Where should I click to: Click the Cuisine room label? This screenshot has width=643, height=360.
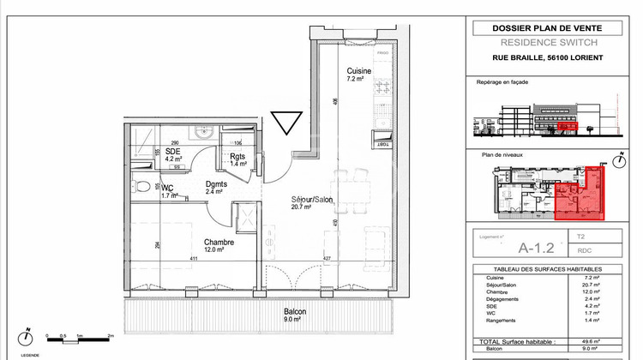pos(358,70)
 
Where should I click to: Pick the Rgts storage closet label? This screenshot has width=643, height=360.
pos(238,156)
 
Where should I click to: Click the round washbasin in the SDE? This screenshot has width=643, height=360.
pos(202,132)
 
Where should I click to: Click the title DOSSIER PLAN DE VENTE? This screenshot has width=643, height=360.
pos(548,28)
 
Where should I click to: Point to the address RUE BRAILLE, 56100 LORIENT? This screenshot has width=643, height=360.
pos(548,57)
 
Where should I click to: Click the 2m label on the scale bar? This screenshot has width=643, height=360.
pos(110,337)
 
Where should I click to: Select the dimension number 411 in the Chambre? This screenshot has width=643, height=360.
pos(194,258)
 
